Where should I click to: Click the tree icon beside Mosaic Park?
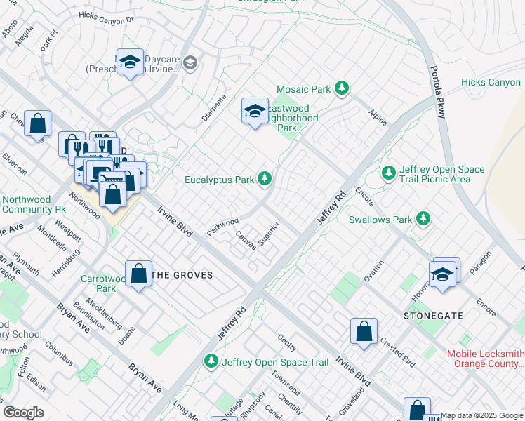coord(342,88)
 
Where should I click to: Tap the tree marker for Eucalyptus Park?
coord(265,180)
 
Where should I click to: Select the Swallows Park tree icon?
coord(423,219)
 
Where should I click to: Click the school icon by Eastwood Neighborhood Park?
coord(255,112)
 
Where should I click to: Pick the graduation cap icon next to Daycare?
coord(130,63)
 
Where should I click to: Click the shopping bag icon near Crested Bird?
coord(364,333)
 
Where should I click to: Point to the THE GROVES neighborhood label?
coord(182,275)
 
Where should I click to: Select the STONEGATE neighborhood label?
coord(433,316)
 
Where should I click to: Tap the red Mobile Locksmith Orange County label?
coord(486,359)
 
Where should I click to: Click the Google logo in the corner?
coord(23,413)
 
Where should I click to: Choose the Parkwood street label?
coord(223,226)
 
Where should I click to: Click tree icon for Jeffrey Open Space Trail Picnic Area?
coord(388,172)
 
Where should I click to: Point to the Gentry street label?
coord(287,343)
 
